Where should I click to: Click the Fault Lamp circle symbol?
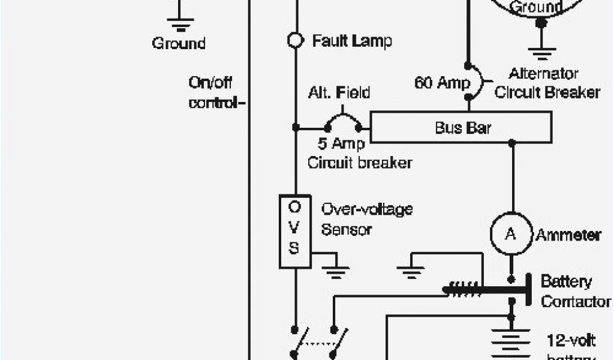tap(295, 40)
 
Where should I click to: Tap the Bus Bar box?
tap(461, 128)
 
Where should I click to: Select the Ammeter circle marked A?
tap(510, 235)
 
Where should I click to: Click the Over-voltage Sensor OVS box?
tap(295, 230)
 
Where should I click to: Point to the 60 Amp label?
tap(442, 83)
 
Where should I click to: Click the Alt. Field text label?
tap(339, 93)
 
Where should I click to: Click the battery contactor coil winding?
tap(463, 289)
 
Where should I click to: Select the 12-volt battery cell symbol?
tap(511, 339)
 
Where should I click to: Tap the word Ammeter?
tap(568, 235)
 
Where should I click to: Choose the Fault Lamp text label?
tap(352, 41)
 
